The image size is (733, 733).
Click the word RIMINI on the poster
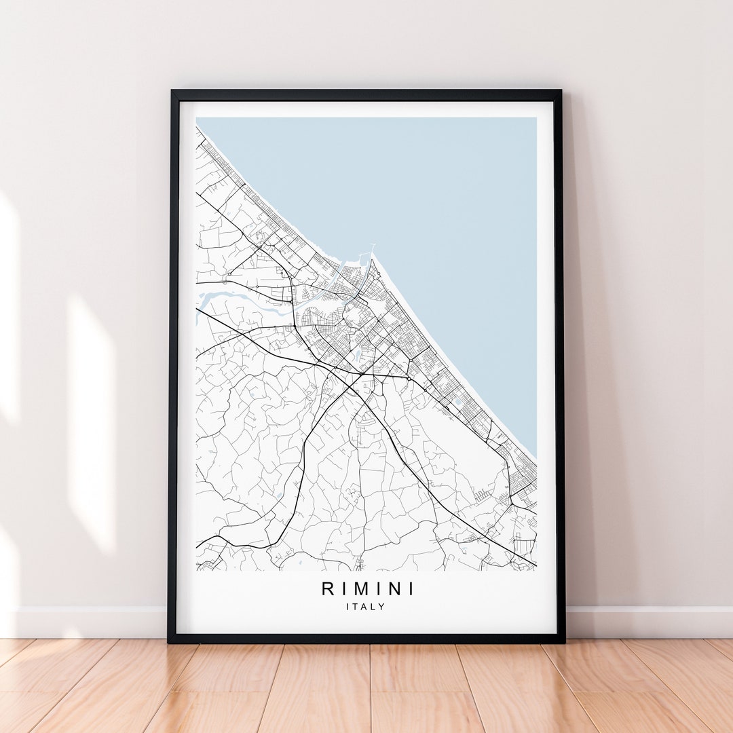point(367,588)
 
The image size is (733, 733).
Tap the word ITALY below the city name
point(365,607)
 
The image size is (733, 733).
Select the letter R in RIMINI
point(328,588)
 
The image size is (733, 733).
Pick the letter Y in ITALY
point(382,607)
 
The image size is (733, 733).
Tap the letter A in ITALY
point(366,607)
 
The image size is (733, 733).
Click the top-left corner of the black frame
point(171,92)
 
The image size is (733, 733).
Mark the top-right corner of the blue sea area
point(535,119)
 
